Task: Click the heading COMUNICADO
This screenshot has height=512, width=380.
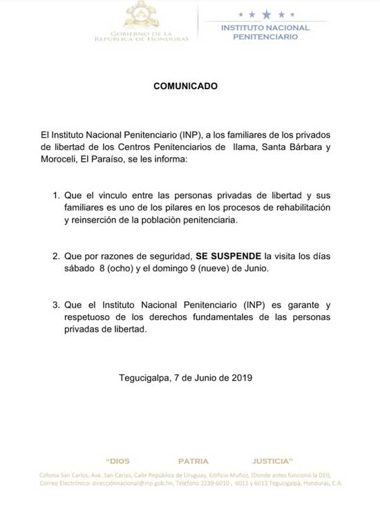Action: [x=184, y=86]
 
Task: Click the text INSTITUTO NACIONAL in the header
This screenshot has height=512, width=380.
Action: [x=265, y=28]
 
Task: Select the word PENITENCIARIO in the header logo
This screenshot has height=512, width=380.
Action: [x=265, y=37]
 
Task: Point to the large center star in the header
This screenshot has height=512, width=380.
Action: [x=265, y=14]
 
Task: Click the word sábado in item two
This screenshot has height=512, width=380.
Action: [x=79, y=268]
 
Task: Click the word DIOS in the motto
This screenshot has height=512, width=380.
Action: [x=118, y=460]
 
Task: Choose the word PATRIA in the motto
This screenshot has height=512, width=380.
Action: [x=193, y=460]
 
